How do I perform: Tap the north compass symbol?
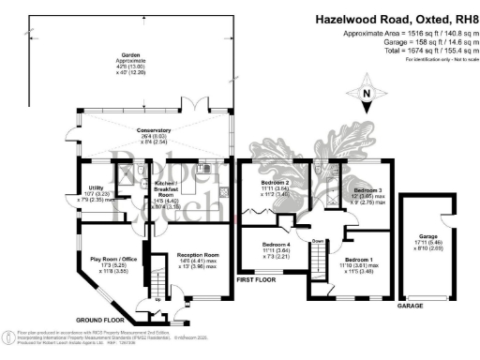coord(366,94)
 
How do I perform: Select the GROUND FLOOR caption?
coord(101,317)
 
